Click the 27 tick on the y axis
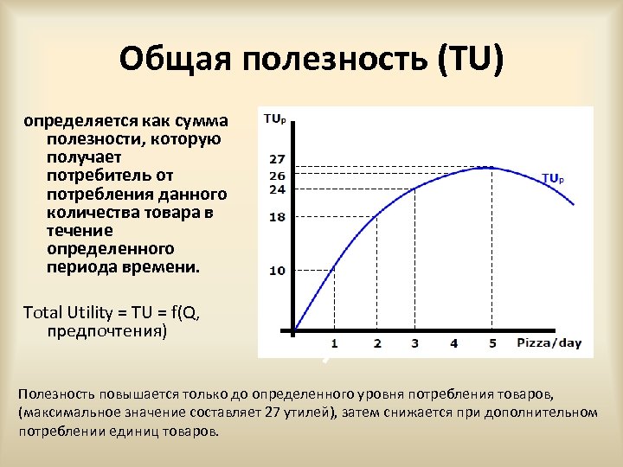(x=277, y=160)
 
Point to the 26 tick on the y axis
(x=277, y=176)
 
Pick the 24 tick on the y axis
(x=277, y=189)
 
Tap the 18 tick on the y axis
(x=277, y=218)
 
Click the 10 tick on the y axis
(x=277, y=271)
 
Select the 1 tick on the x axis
(x=334, y=343)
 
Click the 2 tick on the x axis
(x=377, y=343)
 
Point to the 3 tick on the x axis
(x=414, y=343)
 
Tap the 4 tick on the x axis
(x=454, y=343)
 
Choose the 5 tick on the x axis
(x=493, y=343)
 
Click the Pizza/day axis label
(x=549, y=343)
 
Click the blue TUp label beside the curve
(x=553, y=179)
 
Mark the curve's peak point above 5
(x=491, y=167)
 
